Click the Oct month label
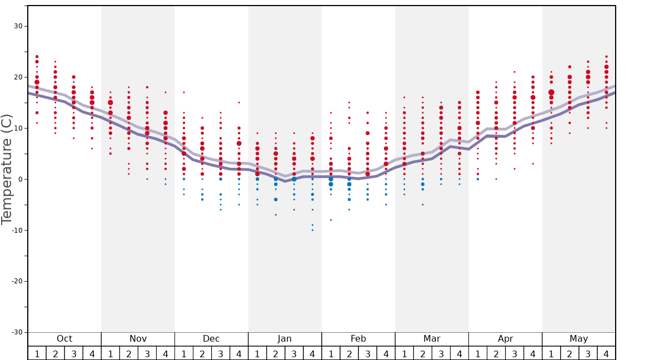point(64,339)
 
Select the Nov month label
point(138,339)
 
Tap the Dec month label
point(211,339)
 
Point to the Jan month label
point(284,339)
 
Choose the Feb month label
point(358,339)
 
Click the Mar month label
point(432,339)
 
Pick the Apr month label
point(505,339)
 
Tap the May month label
point(578,339)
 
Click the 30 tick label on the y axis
point(18,26)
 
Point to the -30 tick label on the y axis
point(17,332)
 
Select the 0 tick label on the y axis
point(20,179)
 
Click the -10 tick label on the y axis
point(17,230)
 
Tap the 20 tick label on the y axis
point(18,77)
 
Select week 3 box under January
point(294,353)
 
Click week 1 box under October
point(37,353)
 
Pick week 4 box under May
point(606,353)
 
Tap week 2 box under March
point(422,353)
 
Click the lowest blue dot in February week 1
point(331,220)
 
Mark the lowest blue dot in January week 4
point(312,230)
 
